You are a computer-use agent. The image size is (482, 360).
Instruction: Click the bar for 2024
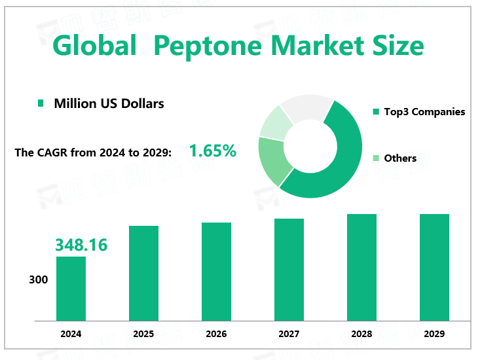tap(71, 288)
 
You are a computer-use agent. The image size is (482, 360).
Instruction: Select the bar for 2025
tap(143, 273)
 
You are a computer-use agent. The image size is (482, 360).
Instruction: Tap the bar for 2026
tap(216, 272)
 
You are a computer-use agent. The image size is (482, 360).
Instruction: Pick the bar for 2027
tap(289, 269)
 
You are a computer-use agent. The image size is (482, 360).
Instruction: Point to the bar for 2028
tap(361, 267)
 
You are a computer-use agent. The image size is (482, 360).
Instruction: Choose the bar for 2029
tap(434, 267)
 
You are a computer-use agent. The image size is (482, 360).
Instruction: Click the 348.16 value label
tap(81, 245)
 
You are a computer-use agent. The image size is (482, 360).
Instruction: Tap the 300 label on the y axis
tap(39, 280)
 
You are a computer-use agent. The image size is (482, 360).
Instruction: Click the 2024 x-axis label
tap(71, 334)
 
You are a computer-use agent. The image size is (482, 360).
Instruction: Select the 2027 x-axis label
tap(289, 334)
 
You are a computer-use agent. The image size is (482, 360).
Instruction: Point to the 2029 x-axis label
tap(434, 334)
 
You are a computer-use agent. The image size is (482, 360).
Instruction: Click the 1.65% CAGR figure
tap(213, 151)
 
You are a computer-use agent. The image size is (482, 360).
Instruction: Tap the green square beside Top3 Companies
tap(376, 112)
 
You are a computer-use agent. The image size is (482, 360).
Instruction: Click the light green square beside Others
tap(376, 158)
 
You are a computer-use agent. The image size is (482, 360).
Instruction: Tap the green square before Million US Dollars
tap(41, 103)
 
